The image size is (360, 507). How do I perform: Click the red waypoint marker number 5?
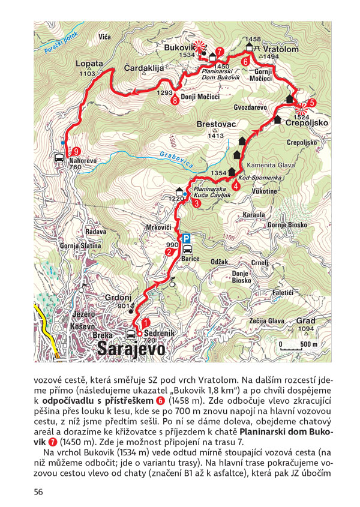pyautogui.click(x=311, y=102)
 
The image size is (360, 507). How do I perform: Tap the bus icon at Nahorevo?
pyautogui.click(x=59, y=159)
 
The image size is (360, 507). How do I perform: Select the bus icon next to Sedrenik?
pyautogui.click(x=131, y=334)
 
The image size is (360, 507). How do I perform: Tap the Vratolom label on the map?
pyautogui.click(x=280, y=49)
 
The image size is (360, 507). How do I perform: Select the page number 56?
pyautogui.click(x=39, y=492)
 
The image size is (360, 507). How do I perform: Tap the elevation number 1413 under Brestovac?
pyautogui.click(x=215, y=136)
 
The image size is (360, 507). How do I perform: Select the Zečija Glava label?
pyautogui.click(x=266, y=321)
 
